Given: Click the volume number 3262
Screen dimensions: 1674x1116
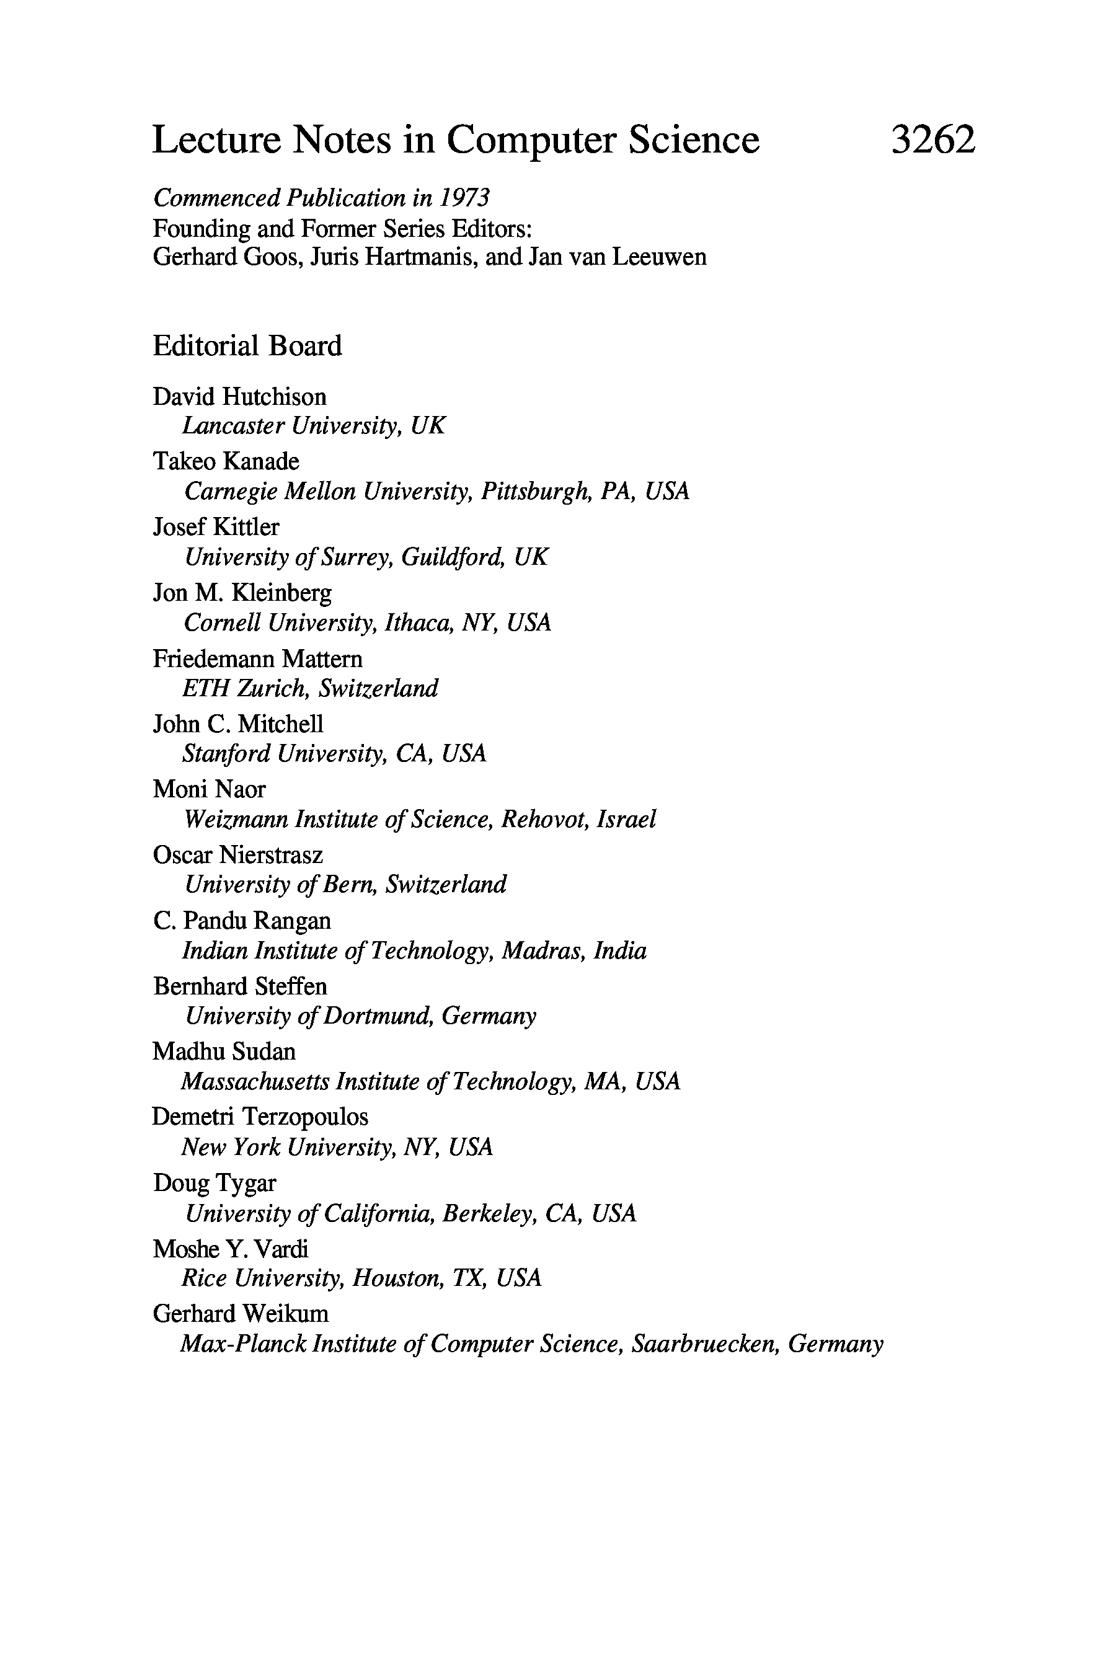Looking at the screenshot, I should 932,139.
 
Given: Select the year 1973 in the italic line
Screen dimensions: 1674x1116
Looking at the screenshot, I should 464,197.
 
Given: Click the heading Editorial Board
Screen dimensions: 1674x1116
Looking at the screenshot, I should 247,346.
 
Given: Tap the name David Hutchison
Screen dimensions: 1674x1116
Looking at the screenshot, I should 239,396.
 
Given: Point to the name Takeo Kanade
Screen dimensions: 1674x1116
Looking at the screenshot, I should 226,461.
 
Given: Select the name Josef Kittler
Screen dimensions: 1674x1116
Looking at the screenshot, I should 216,526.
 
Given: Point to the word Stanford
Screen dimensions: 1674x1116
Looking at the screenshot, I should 226,753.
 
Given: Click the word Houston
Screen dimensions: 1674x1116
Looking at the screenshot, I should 398,1278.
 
